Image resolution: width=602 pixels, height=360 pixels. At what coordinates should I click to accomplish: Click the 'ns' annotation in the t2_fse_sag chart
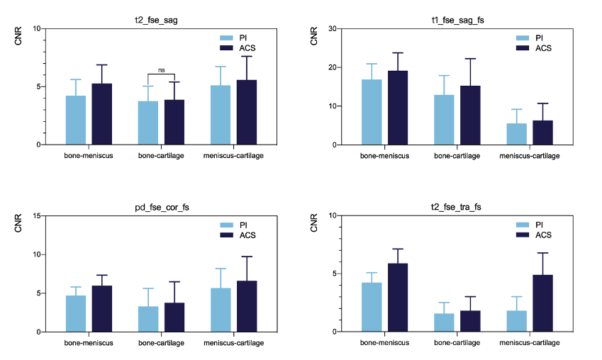click(x=161, y=70)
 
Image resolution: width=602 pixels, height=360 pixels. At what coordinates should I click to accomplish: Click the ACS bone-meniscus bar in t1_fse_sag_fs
click(x=398, y=108)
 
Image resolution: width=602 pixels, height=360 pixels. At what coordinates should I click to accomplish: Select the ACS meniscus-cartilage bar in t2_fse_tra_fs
click(x=542, y=303)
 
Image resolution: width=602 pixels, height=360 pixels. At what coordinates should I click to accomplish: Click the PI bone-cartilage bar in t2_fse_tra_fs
click(x=444, y=322)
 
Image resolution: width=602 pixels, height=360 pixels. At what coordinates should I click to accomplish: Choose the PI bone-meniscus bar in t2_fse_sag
click(x=76, y=120)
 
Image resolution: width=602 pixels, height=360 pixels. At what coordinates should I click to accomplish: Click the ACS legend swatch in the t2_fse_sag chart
click(x=227, y=47)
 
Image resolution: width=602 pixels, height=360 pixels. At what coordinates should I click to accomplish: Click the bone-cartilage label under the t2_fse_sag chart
click(x=161, y=155)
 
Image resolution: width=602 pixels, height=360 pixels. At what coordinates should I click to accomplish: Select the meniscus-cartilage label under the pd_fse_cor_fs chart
click(x=234, y=343)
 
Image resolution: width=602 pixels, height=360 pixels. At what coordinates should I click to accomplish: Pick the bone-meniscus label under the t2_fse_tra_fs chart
click(x=385, y=343)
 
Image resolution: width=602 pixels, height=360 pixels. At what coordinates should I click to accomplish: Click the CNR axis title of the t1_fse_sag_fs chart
click(x=315, y=37)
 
